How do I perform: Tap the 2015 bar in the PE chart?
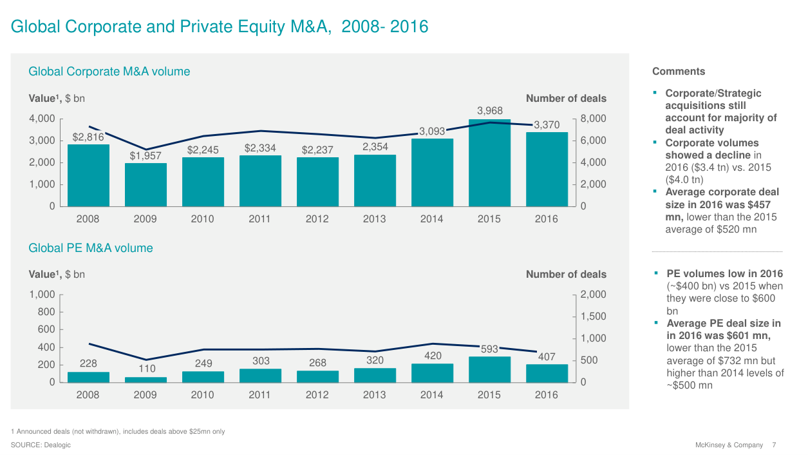(489, 369)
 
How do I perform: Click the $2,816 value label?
(88, 137)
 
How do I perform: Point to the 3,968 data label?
(489, 111)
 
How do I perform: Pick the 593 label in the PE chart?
(489, 349)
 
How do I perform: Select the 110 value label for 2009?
(146, 369)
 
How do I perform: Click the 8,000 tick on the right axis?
(593, 119)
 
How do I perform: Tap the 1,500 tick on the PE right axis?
(593, 316)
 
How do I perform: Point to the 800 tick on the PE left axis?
(44, 312)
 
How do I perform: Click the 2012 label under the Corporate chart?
(317, 219)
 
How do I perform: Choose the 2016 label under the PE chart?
(546, 395)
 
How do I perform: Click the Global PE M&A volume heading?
(91, 248)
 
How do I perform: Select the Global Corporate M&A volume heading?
(109, 72)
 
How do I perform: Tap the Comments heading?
(679, 72)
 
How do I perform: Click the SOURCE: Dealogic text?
(41, 445)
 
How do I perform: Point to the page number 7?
(774, 445)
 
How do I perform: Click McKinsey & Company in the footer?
(729, 445)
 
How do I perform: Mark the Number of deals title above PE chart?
(566, 275)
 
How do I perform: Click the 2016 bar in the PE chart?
(546, 373)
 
